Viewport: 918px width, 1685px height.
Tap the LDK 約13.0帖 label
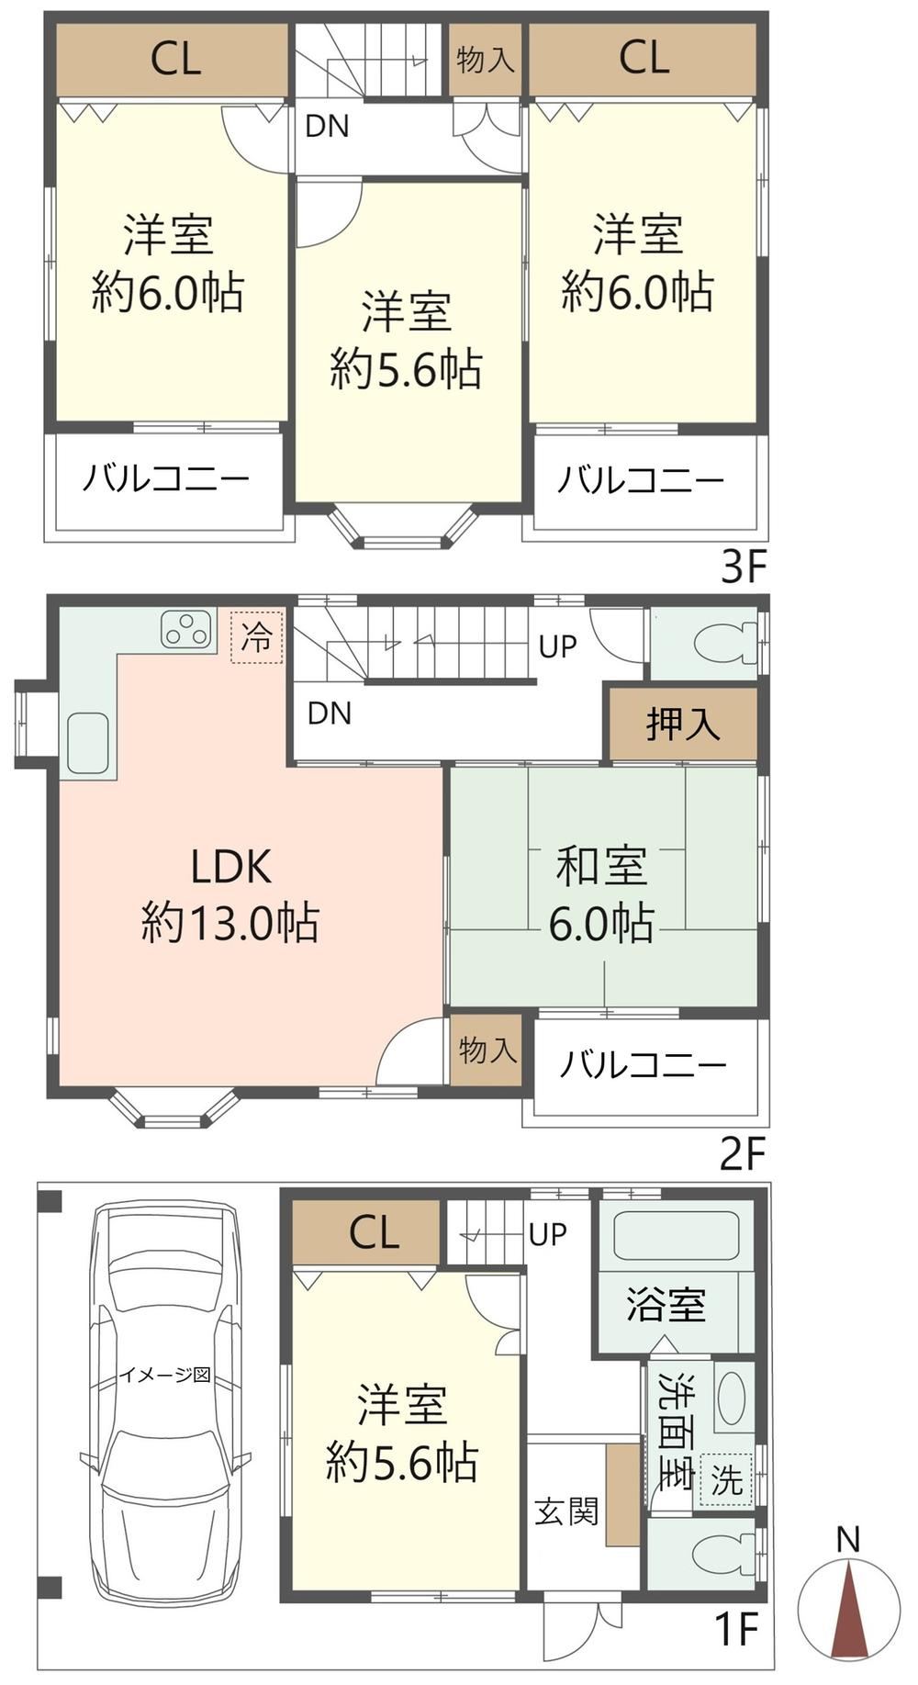(230, 894)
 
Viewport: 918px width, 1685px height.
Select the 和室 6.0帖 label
(602, 894)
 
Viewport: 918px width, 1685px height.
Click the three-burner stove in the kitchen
(187, 630)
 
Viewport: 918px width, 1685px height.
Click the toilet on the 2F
(724, 644)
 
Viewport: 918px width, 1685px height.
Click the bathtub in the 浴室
(676, 1238)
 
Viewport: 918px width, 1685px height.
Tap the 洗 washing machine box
(726, 1480)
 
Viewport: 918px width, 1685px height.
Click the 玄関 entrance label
(567, 1511)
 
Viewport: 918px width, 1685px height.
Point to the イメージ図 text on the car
(165, 1375)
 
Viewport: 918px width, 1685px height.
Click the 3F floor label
(743, 567)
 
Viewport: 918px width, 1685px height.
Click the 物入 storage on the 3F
(486, 60)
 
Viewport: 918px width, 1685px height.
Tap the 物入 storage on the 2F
(487, 1050)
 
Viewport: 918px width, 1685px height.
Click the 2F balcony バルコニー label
(644, 1065)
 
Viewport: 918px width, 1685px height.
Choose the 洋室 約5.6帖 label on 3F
(406, 341)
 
